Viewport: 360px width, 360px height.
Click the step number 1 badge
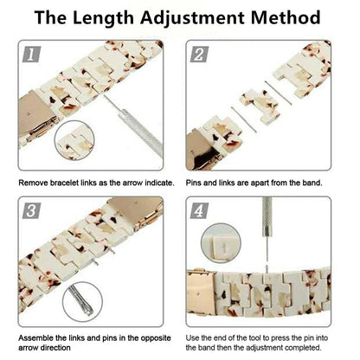pyautogui.click(x=32, y=55)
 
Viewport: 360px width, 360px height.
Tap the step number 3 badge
pyautogui.click(x=32, y=209)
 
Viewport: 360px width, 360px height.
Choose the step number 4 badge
pyautogui.click(x=199, y=209)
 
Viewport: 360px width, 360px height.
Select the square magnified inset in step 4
pyautogui.click(x=216, y=247)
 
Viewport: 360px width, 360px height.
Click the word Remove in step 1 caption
pyautogui.click(x=35, y=184)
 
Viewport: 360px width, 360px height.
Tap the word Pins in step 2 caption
pyautogui.click(x=196, y=184)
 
